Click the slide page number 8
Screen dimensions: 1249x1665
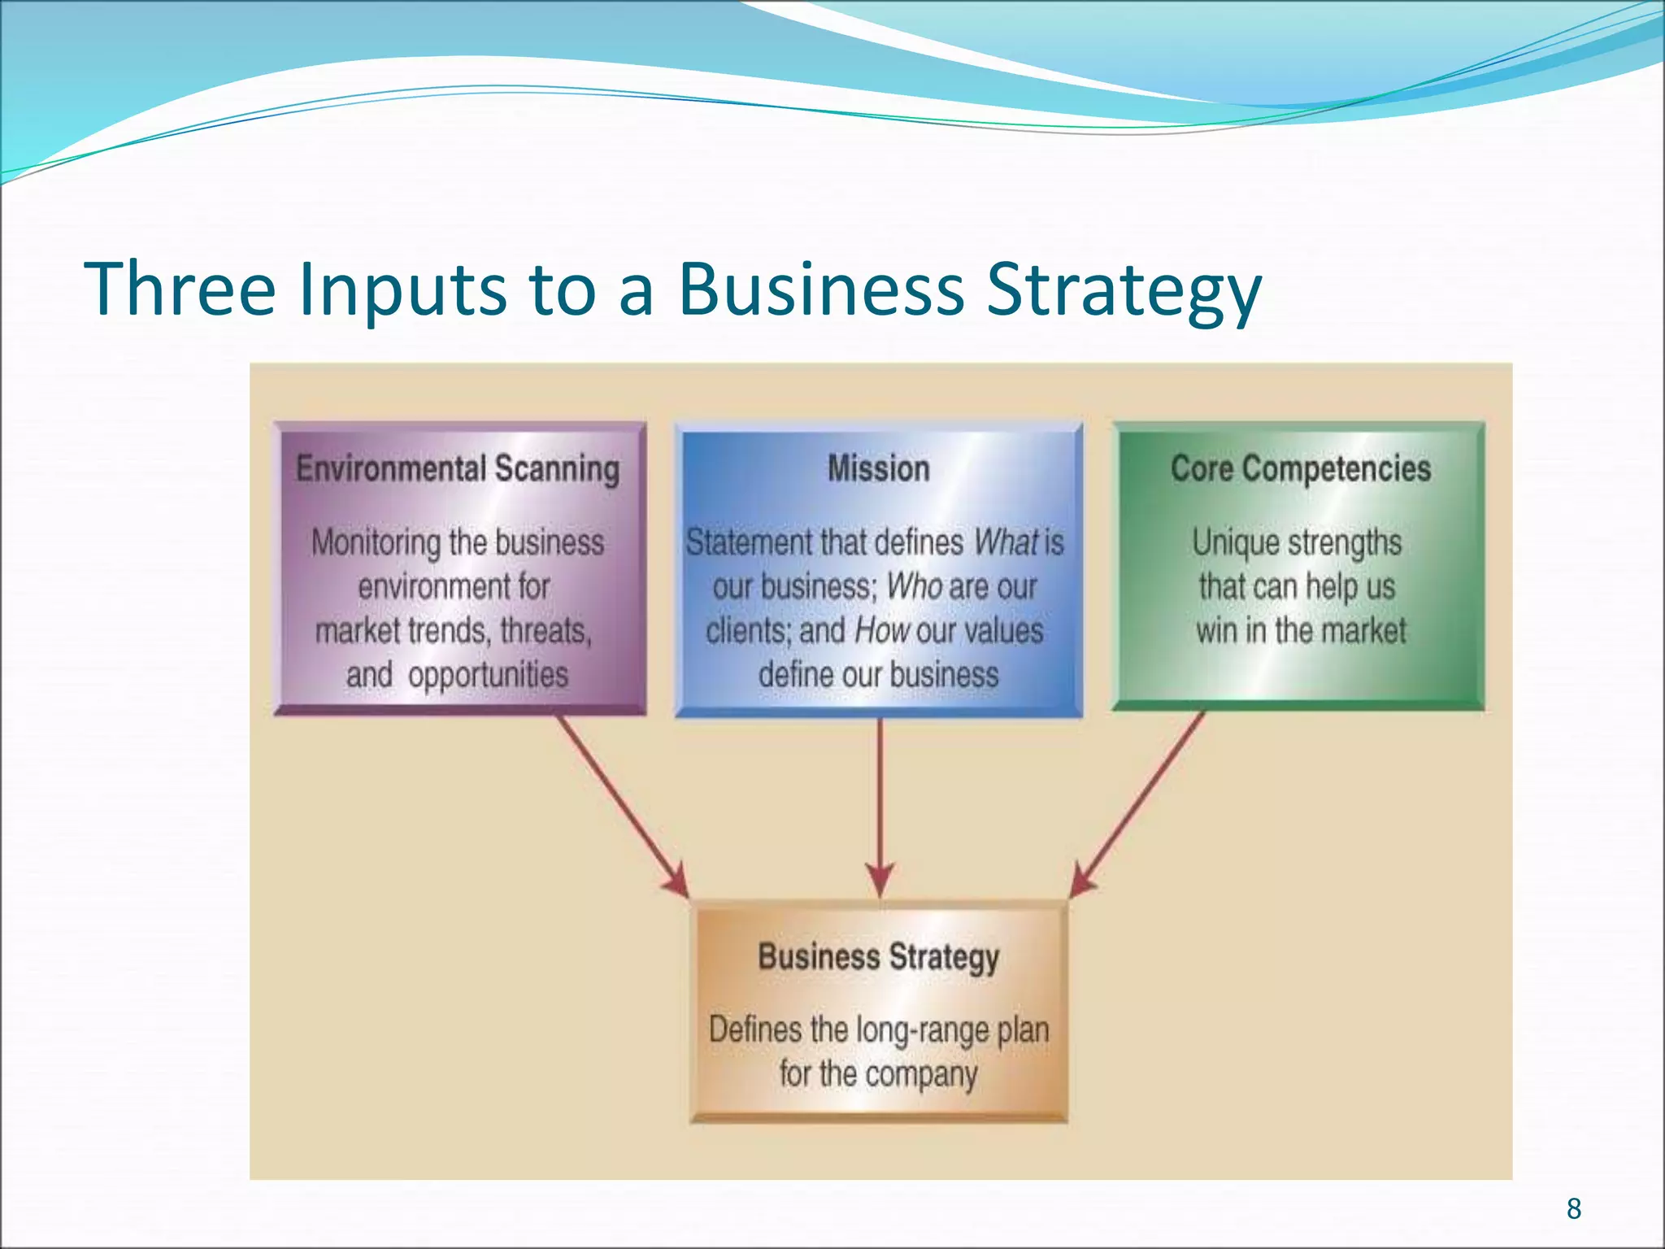coord(1574,1208)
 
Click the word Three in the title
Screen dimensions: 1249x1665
coord(180,289)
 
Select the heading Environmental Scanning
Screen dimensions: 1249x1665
coord(458,469)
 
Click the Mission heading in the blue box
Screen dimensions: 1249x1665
coord(878,469)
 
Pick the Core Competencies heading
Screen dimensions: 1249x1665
coord(1301,469)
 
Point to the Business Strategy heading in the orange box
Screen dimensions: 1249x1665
coord(878,957)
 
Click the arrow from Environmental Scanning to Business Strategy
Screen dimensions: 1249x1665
coord(622,805)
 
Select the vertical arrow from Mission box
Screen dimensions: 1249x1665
coord(880,805)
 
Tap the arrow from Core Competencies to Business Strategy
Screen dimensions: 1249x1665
coord(1138,805)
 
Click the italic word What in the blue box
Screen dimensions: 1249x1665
coord(1006,542)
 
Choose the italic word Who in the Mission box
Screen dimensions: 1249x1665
coord(914,586)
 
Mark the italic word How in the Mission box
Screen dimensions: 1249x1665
coord(881,631)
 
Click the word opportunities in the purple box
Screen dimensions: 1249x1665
coord(488,676)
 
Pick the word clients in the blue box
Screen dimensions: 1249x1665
coord(747,631)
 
